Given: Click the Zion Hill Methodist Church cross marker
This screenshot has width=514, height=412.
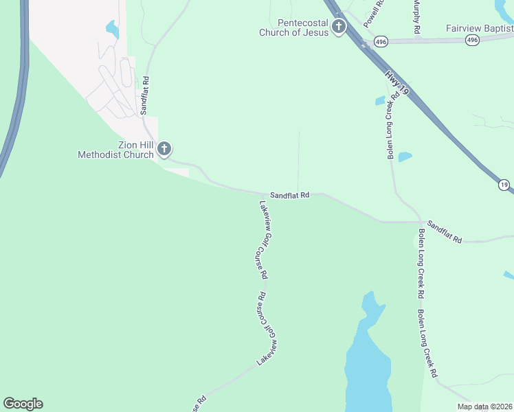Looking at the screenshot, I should pyautogui.click(x=164, y=148).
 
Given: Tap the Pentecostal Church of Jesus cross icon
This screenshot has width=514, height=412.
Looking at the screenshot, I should pyautogui.click(x=338, y=27).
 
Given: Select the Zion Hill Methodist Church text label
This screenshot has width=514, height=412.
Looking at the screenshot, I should pyautogui.click(x=115, y=150).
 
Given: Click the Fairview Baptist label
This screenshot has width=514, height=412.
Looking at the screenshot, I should pyautogui.click(x=479, y=28).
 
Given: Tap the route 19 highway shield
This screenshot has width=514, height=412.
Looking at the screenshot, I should pyautogui.click(x=504, y=185).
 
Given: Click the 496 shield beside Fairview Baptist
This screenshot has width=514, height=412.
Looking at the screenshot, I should pyautogui.click(x=471, y=41).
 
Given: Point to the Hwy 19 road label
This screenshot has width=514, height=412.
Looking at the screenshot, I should pyautogui.click(x=398, y=80).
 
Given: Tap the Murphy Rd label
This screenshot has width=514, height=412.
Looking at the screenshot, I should pyautogui.click(x=416, y=17).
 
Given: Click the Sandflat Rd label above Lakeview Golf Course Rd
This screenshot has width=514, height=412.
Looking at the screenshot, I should pyautogui.click(x=289, y=195).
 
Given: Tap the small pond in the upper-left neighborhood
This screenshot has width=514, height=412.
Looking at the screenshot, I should pyautogui.click(x=111, y=29).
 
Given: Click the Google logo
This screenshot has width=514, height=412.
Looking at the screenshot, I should pyautogui.click(x=23, y=404).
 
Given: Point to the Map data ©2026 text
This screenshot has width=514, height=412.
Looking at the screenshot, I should pyautogui.click(x=484, y=407).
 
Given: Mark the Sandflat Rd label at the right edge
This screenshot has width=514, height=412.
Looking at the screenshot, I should pyautogui.click(x=444, y=231).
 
